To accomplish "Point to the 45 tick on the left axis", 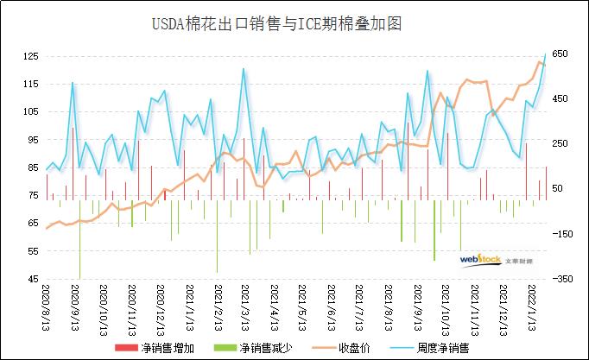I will pyautogui.click(x=32, y=279).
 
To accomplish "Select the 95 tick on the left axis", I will pyautogui.click(x=32, y=140).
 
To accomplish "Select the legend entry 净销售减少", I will pyautogui.click(x=266, y=348).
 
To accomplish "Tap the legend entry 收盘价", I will pyautogui.click(x=355, y=348).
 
